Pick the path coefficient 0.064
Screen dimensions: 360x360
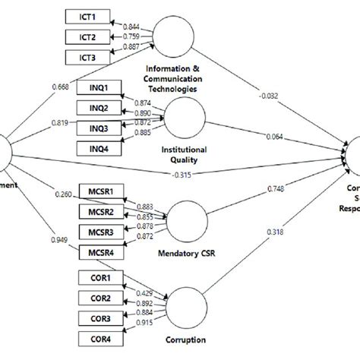tap(295, 137)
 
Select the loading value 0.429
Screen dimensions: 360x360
tap(143, 293)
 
